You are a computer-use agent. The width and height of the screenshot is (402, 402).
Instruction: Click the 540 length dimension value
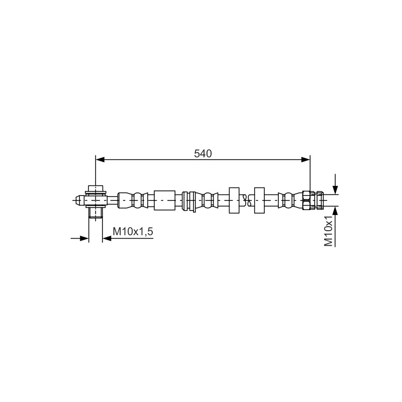(203, 154)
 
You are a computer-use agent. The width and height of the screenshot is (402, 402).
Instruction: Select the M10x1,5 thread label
(133, 232)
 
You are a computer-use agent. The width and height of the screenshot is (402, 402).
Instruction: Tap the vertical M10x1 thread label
(329, 231)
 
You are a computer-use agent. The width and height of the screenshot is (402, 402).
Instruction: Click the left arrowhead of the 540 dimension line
(100, 160)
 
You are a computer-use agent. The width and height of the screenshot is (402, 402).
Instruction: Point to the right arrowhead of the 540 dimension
(306, 160)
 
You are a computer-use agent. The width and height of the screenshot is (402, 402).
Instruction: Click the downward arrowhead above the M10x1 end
(335, 190)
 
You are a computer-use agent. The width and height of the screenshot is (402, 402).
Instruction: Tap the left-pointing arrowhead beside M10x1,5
(107, 238)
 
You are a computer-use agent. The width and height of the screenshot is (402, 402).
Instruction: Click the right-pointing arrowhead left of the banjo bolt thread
(84, 238)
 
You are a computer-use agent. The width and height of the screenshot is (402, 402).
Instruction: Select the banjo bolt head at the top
(95, 189)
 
